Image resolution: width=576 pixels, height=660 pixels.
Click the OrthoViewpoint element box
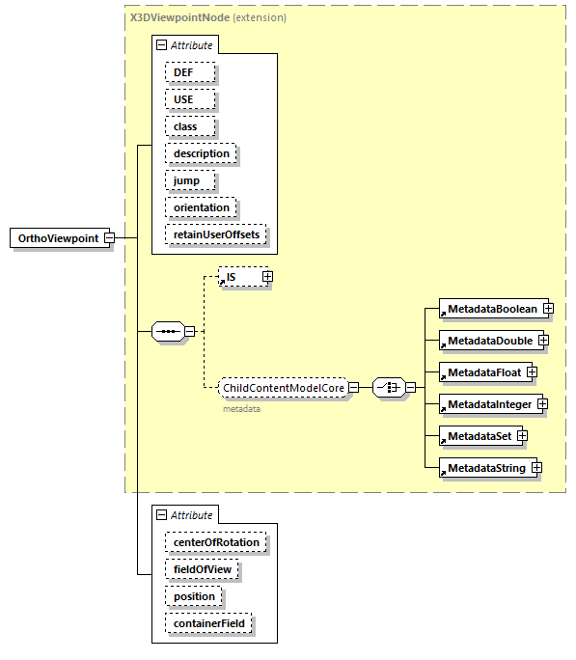click(58, 238)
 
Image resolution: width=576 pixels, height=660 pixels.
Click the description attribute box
click(201, 153)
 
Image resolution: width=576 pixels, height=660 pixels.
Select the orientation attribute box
click(201, 207)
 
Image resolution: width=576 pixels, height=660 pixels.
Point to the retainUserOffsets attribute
click(216, 234)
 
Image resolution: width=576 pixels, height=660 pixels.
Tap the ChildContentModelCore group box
click(283, 388)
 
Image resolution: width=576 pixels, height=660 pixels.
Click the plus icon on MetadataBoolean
click(547, 309)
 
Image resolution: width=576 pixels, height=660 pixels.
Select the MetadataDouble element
click(487, 341)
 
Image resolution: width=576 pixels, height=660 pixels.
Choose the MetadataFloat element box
click(481, 372)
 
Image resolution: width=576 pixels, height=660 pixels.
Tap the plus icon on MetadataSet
click(522, 436)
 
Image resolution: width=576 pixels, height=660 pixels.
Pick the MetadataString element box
click(485, 468)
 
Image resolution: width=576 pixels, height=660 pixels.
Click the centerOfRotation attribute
click(216, 542)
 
